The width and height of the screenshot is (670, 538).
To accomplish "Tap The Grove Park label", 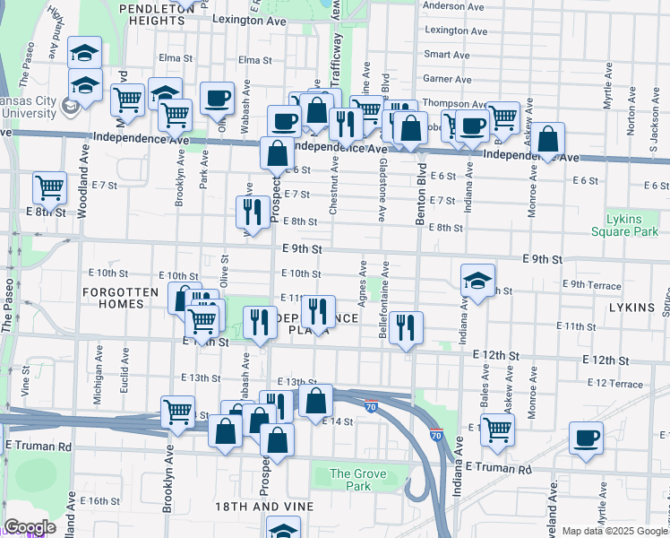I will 350,480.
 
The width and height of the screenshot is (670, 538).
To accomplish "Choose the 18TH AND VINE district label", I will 264,507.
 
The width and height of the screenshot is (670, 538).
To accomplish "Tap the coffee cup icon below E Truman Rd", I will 587,438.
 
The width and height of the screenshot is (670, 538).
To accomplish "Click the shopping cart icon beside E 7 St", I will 50,188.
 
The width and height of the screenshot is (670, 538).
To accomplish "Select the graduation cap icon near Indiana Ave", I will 478,281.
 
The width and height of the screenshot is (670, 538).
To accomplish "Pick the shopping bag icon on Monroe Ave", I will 548,139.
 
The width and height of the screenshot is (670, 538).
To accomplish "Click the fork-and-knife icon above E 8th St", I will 252,212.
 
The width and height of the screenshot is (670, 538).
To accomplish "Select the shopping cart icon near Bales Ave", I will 497,429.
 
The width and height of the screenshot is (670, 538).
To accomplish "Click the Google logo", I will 30,527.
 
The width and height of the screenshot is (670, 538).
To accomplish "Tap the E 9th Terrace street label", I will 592,285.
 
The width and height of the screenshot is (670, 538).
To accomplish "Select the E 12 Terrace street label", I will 615,383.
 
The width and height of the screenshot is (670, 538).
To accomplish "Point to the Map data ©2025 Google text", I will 615,531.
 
